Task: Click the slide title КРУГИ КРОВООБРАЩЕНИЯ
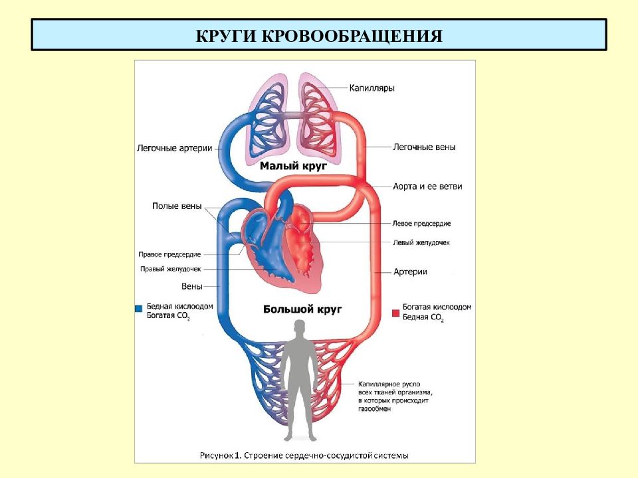coord(319,36)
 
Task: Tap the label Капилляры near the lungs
coord(372,88)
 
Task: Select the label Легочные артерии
coord(175,148)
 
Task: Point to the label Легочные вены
coord(424,147)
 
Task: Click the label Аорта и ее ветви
coord(427,186)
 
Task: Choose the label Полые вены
coord(177,206)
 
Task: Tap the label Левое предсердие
coord(421,223)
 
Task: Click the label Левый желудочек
coord(421,242)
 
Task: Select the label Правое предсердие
coord(169,254)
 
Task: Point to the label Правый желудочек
coord(171,269)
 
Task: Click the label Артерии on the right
coord(410,272)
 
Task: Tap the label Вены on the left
coord(191,286)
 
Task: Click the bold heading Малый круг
coord(293,166)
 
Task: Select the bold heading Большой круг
coord(302,309)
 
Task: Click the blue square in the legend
coord(138,308)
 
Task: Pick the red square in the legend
coord(395,313)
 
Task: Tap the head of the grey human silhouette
coord(300,327)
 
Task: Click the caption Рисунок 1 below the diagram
coord(220,455)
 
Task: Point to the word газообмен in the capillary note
coord(374,409)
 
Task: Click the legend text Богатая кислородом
coord(437,307)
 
